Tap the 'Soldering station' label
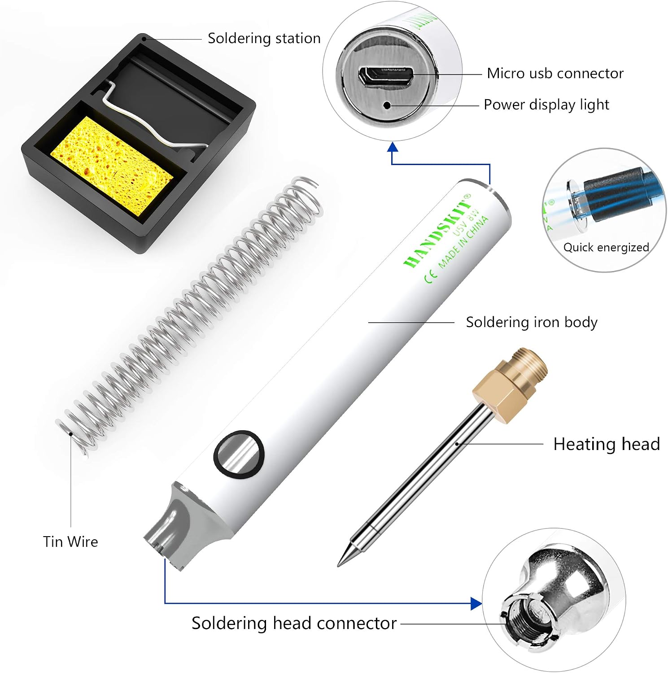point(264,38)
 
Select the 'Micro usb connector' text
point(555,73)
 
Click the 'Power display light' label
point(546,105)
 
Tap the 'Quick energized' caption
point(606,247)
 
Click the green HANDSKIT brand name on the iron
point(437,231)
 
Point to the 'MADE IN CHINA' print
point(463,242)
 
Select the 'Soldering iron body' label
point(532,322)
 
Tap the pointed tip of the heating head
point(339,565)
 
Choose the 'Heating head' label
point(607,444)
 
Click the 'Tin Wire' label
point(70,542)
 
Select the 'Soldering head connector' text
point(294,623)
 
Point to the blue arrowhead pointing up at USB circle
point(393,147)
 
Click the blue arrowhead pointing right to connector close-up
point(476,603)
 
